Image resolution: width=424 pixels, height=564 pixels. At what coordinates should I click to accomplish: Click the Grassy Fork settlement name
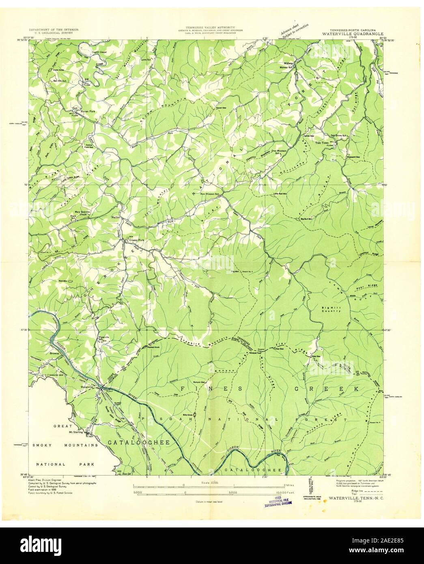[x=137, y=240]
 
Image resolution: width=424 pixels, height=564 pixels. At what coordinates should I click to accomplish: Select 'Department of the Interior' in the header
[x=54, y=30]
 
